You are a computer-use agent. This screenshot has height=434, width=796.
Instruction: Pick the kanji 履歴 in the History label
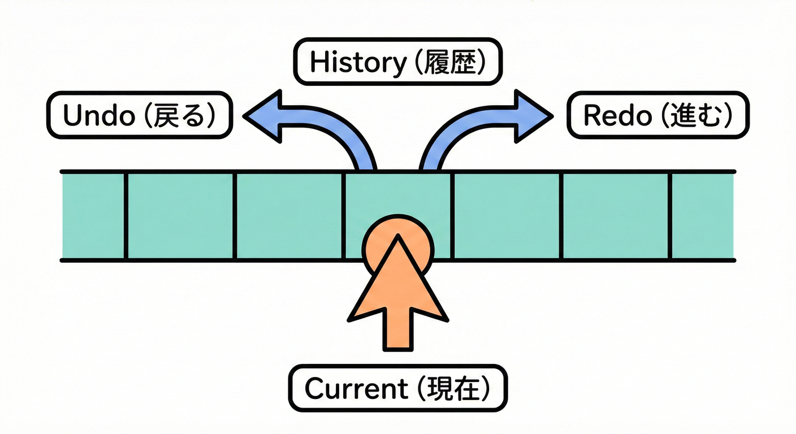click(448, 63)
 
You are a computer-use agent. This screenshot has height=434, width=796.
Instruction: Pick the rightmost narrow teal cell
click(703, 216)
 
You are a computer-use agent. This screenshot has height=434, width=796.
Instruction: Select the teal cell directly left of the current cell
click(289, 216)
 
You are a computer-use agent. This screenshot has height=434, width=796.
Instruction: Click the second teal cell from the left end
click(180, 216)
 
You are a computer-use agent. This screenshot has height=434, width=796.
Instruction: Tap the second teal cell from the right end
click(616, 216)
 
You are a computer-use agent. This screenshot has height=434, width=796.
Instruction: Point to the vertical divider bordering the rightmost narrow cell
click(671, 216)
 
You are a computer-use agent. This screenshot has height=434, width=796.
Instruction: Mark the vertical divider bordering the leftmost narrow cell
click(126, 216)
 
